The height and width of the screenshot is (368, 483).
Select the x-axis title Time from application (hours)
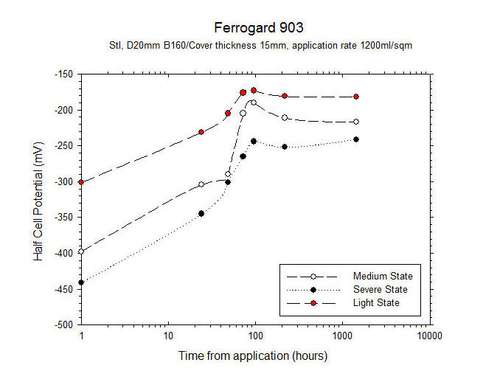pyautogui.click(x=252, y=355)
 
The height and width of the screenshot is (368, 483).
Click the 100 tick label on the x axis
pyautogui.click(x=255, y=336)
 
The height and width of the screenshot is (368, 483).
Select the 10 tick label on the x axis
pyautogui.click(x=168, y=336)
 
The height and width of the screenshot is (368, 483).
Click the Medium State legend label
pyautogui.click(x=377, y=276)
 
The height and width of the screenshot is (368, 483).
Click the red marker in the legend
pyautogui.click(x=313, y=302)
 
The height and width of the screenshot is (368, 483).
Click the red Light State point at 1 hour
pyautogui.click(x=81, y=182)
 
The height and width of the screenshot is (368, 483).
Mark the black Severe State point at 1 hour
pyautogui.click(x=81, y=282)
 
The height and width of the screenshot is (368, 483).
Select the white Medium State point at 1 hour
pyautogui.click(x=81, y=251)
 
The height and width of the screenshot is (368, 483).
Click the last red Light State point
pyautogui.click(x=356, y=97)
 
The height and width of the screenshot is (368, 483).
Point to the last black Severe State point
pyautogui.click(x=356, y=139)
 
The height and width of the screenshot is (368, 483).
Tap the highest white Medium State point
pyautogui.click(x=253, y=103)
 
